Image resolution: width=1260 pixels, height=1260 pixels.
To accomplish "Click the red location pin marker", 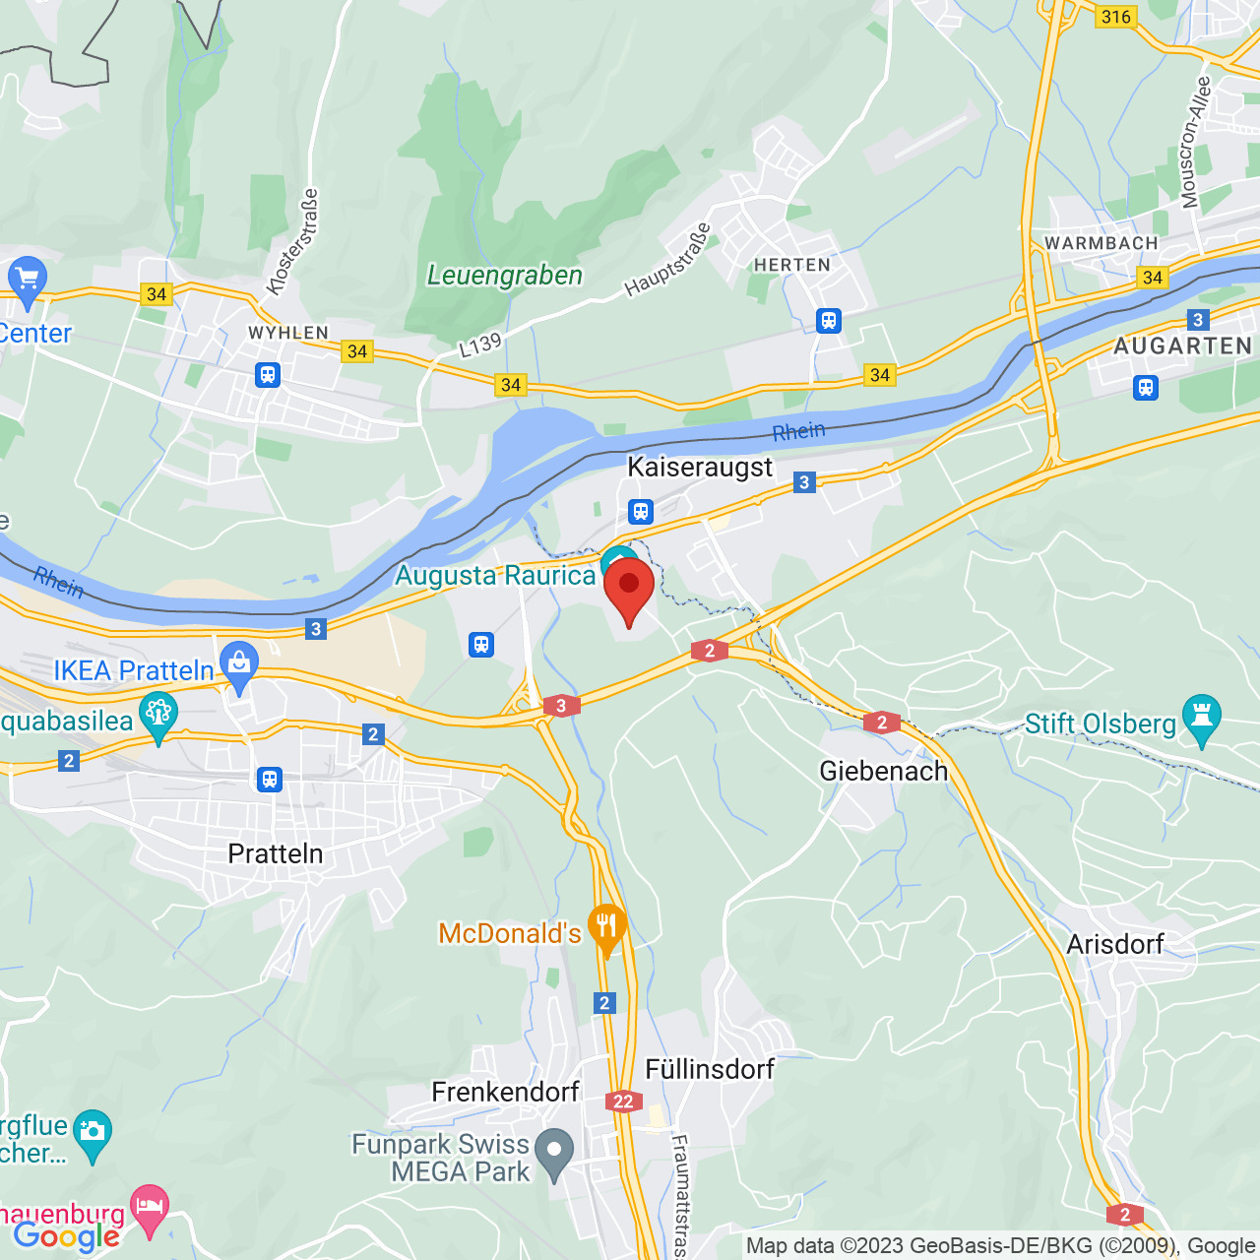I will point(628,587).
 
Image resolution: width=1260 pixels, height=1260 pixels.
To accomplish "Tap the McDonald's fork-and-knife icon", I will point(606,926).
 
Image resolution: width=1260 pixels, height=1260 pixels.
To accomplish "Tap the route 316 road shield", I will point(1115,17).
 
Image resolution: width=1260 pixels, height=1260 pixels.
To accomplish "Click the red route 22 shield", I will point(623,1102).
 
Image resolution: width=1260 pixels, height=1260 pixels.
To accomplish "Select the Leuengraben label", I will point(504,276).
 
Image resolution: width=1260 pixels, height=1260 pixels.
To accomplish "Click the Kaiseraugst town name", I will point(700,467).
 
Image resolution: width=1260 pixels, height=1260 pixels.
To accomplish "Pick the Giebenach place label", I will point(883,771).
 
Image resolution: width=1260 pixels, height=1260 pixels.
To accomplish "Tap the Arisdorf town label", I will point(1114,944).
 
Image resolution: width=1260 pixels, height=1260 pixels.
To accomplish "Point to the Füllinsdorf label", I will point(709,1069).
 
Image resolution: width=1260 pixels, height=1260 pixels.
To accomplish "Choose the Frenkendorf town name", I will point(505,1092).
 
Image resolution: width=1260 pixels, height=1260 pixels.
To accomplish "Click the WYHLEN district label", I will point(287,333).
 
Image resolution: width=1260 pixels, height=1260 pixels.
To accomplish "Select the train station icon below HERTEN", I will point(829,320).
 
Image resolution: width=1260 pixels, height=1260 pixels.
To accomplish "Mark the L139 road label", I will point(480,346).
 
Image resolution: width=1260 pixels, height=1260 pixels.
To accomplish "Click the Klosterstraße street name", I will point(293,242).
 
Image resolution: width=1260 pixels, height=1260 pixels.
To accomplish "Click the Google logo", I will point(66,1236).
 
